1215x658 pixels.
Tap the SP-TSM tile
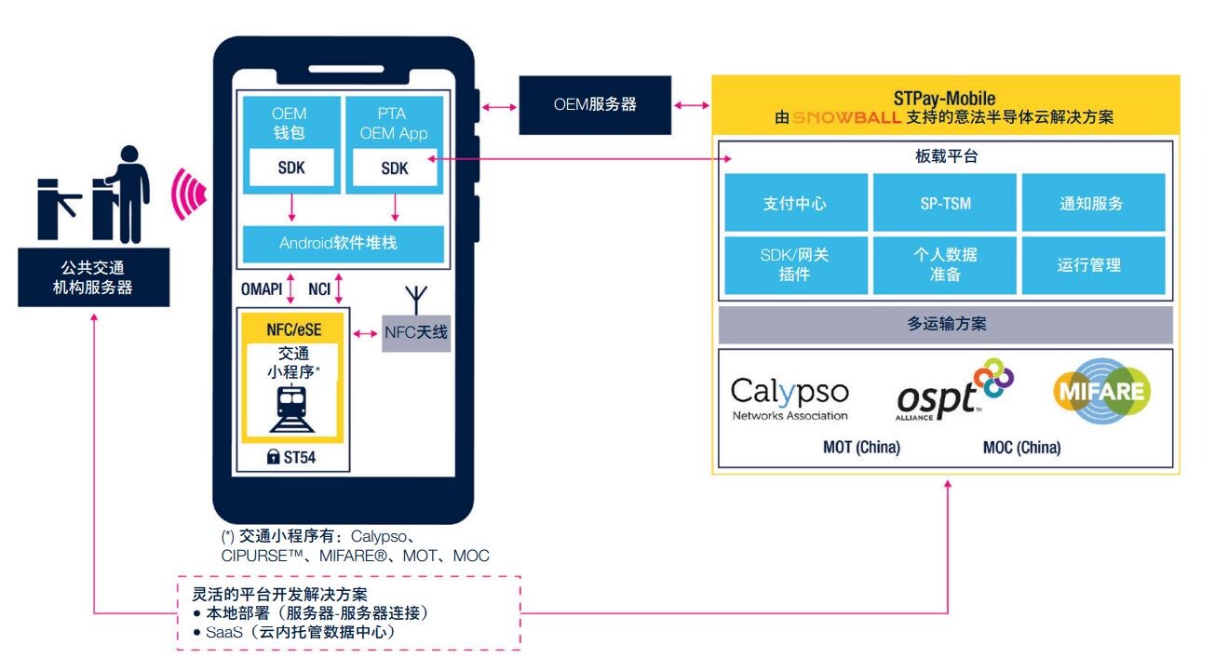pos(943,203)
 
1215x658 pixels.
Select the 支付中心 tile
pos(794,203)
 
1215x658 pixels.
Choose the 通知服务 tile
pos(1091,203)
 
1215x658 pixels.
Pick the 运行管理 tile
pos(1091,264)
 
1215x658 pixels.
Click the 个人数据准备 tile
pos(943,264)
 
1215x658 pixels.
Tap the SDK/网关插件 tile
pos(794,264)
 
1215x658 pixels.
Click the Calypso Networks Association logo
pos(790,398)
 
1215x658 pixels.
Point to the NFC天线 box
pos(416,332)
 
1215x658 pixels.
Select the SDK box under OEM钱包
pos(290,168)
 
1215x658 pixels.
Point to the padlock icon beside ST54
pos(273,458)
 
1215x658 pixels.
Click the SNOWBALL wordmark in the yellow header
pos(845,118)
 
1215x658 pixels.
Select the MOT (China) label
pos(861,448)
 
